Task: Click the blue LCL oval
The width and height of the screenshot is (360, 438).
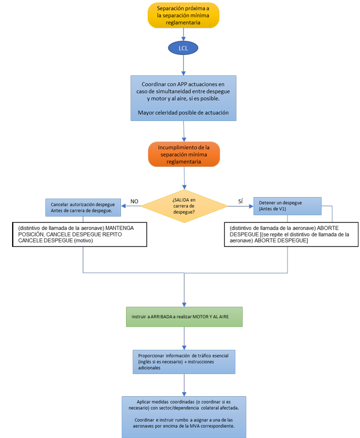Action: coord(183,48)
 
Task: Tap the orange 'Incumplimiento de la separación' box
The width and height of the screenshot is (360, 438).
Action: coord(184,154)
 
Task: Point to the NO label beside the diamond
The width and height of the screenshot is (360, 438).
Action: coord(134,201)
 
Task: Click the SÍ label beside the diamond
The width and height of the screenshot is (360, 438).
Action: coord(240,201)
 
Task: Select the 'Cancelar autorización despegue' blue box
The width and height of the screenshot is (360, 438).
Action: coord(83,207)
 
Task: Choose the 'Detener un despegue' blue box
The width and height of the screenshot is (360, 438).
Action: coord(287,205)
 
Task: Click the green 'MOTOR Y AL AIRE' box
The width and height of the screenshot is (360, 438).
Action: coord(185,317)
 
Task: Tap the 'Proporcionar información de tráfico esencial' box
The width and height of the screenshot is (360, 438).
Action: coord(184,361)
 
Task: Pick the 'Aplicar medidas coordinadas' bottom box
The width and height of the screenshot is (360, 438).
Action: coord(184,416)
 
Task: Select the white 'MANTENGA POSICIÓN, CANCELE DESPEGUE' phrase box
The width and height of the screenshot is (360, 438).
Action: coord(78,234)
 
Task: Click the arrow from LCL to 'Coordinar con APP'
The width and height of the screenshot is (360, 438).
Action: coord(184,65)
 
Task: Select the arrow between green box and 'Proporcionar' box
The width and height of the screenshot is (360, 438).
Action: coord(185,338)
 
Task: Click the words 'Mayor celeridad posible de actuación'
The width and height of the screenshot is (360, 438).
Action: coord(183,113)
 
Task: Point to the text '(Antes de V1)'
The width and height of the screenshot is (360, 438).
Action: coord(271,209)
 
